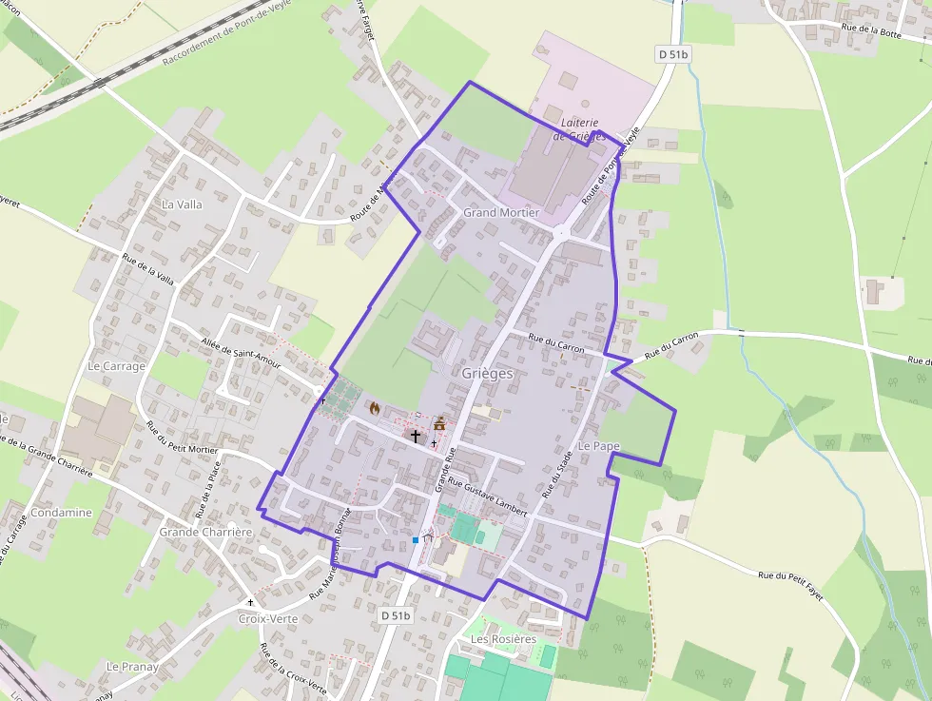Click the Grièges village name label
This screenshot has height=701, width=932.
click(x=487, y=374)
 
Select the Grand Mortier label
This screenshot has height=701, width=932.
click(x=501, y=212)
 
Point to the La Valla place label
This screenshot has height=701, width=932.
click(x=182, y=204)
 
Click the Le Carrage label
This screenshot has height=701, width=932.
click(x=116, y=366)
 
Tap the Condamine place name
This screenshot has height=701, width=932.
click(x=62, y=513)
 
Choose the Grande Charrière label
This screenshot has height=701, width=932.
click(x=205, y=532)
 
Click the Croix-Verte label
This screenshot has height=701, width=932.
click(x=268, y=618)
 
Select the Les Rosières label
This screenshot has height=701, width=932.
click(x=503, y=639)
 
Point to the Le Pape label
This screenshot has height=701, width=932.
click(x=598, y=446)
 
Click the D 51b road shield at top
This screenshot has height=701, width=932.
click(x=673, y=55)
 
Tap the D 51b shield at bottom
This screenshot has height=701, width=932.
click(x=395, y=615)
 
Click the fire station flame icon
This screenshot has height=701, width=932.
click(x=375, y=408)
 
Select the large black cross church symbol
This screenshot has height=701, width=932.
click(x=415, y=436)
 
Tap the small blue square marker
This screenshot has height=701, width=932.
click(x=416, y=540)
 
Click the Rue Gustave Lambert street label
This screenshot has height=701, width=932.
click(x=487, y=498)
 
